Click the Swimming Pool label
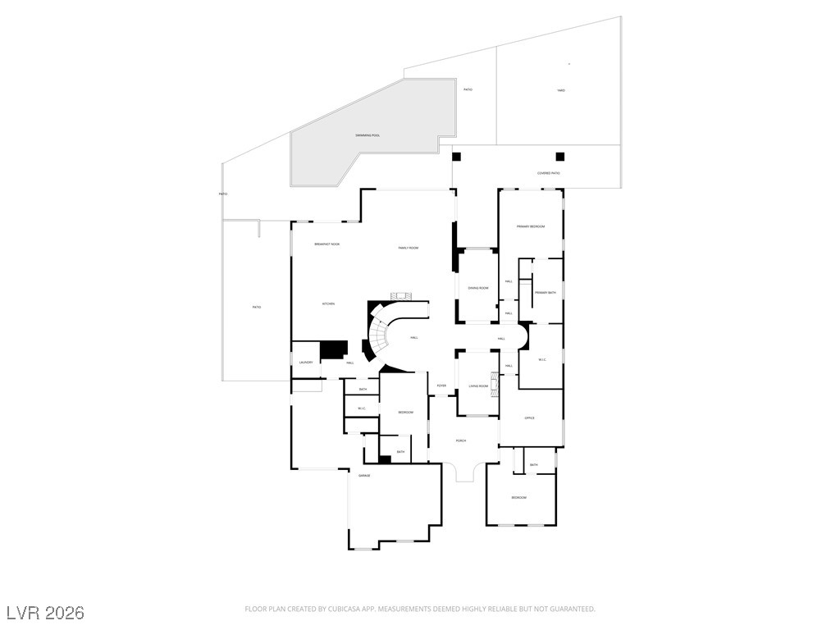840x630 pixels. [x=367, y=135]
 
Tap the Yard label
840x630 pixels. [x=561, y=90]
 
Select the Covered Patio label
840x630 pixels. [x=549, y=173]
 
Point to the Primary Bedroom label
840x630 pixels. [x=531, y=226]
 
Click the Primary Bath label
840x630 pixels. [x=546, y=293]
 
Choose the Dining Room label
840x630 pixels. [x=478, y=288]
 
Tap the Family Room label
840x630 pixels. [x=409, y=248]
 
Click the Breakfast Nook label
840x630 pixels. [x=327, y=244]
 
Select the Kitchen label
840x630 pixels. [x=328, y=304]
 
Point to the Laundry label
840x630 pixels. [x=305, y=363]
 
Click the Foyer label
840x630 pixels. [x=441, y=386]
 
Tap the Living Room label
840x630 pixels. [x=478, y=386]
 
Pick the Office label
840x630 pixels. [x=529, y=418]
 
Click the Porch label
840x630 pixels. [x=461, y=441]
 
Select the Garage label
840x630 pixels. [x=364, y=476]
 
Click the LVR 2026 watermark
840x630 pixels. [x=45, y=613]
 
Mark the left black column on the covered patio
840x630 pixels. [x=457, y=157]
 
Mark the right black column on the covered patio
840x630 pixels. [x=560, y=157]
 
